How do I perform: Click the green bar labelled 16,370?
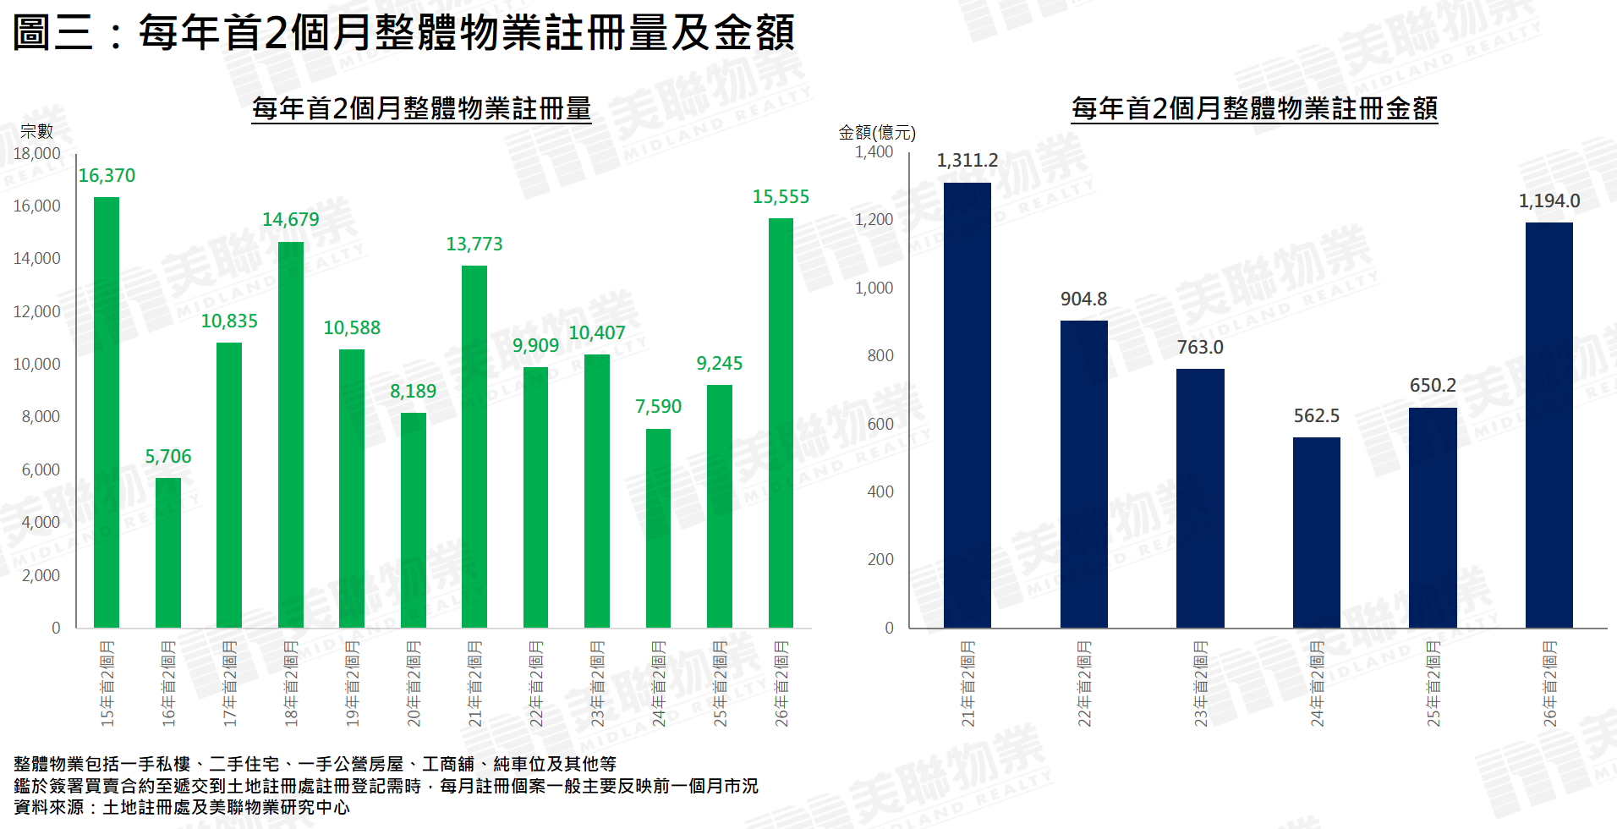[x=107, y=412]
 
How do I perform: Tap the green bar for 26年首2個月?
[x=781, y=423]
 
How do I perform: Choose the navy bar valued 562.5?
[x=1316, y=532]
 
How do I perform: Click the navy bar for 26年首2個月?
[x=1548, y=425]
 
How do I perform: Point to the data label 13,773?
[x=474, y=244]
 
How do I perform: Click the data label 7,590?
[x=658, y=407]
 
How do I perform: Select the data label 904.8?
[x=1083, y=299]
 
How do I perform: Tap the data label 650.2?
[x=1433, y=386]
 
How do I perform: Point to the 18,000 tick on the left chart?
[x=37, y=154]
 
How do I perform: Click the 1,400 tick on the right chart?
[x=874, y=152]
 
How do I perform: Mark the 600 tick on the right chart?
[x=880, y=424]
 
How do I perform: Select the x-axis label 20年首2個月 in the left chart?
[x=414, y=684]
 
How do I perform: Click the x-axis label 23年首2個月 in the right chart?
[x=1200, y=684]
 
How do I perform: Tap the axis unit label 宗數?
[x=36, y=131]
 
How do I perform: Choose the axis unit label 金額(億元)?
[x=876, y=132]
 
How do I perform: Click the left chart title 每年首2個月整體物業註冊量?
[x=421, y=109]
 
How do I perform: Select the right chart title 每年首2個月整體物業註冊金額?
[x=1254, y=108]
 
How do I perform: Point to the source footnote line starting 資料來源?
[x=182, y=807]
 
